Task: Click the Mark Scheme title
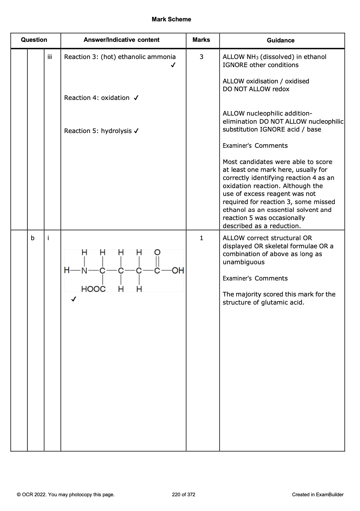171,20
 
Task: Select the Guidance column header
281,40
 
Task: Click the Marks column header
201,40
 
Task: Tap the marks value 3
201,57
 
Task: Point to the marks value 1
201,238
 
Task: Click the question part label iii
50,57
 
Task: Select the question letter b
33,238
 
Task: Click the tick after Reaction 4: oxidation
136,98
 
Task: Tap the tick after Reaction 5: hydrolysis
136,131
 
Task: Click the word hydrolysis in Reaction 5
116,131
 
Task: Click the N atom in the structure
84,271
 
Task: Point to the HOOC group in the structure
93,289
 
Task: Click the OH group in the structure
178,271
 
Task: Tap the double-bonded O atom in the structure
157,252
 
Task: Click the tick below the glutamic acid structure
73,299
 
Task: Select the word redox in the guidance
281,89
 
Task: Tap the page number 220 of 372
184,494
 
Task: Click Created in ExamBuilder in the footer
318,494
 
